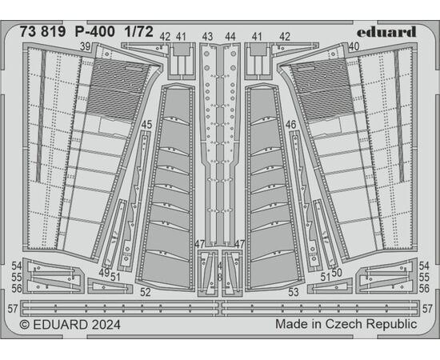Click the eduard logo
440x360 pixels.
click(386, 32)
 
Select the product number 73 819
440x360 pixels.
click(42, 32)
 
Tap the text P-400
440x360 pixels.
click(95, 32)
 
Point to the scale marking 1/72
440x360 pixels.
click(139, 32)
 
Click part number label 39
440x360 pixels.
click(85, 46)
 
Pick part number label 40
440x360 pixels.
click(354, 46)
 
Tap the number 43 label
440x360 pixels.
click(208, 37)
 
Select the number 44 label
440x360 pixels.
click(230, 37)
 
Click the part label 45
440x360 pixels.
click(146, 125)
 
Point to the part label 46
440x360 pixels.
click(291, 125)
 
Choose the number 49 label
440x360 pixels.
click(104, 273)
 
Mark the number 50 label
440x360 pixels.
click(336, 273)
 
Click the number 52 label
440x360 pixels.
click(146, 292)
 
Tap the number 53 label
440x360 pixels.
click(294, 292)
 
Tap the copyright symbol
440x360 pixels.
click(25, 325)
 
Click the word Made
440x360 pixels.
click(287, 324)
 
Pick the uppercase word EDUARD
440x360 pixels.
click(60, 325)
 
